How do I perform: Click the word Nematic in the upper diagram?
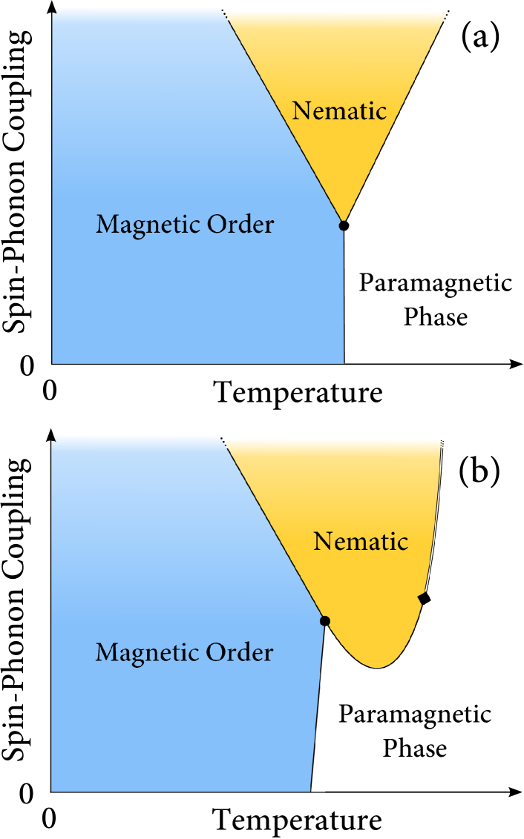[339, 111]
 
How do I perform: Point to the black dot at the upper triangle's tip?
[344, 225]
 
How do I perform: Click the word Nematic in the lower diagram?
[361, 541]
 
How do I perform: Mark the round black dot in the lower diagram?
[324, 621]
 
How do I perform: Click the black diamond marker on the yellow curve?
[425, 598]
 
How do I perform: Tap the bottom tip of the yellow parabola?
[378, 668]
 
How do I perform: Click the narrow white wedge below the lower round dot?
[318, 741]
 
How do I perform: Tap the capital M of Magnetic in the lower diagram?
[105, 653]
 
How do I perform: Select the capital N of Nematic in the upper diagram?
[301, 111]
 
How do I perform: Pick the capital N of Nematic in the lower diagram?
[322, 541]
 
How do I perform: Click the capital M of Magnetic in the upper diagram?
[106, 224]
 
